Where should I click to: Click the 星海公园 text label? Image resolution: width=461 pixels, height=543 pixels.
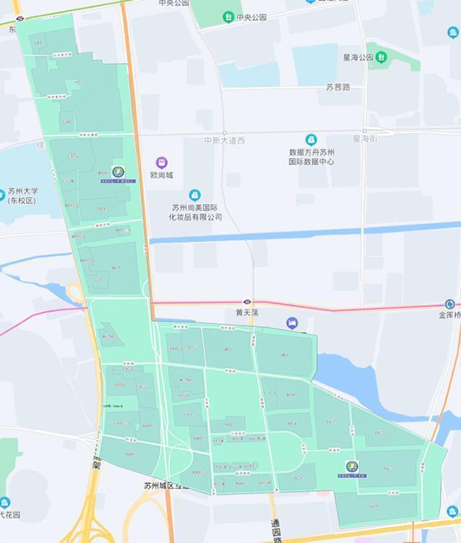tap(357, 58)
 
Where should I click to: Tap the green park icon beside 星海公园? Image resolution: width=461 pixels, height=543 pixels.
tap(381, 57)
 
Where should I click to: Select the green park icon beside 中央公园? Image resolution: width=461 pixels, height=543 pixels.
tap(228, 17)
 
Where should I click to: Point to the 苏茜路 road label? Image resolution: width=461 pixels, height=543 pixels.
tap(337, 87)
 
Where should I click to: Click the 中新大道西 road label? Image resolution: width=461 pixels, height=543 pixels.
tap(224, 140)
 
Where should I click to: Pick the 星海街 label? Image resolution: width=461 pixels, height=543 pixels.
tap(364, 138)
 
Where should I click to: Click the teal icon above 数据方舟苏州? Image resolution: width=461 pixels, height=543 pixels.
tap(311, 139)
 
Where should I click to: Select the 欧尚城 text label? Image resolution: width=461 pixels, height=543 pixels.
tap(161, 175)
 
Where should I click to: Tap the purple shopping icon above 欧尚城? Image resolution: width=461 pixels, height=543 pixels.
tap(162, 163)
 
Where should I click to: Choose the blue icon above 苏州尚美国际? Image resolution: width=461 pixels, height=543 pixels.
tap(194, 195)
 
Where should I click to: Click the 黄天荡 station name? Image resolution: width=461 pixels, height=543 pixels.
tap(246, 313)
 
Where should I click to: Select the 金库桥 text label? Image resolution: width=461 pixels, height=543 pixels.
tap(449, 315)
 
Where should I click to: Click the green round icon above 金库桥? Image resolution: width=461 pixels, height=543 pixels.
tap(450, 304)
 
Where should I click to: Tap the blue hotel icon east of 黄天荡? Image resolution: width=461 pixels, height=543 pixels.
tap(292, 323)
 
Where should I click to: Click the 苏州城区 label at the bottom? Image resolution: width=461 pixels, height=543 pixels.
tap(165, 485)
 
